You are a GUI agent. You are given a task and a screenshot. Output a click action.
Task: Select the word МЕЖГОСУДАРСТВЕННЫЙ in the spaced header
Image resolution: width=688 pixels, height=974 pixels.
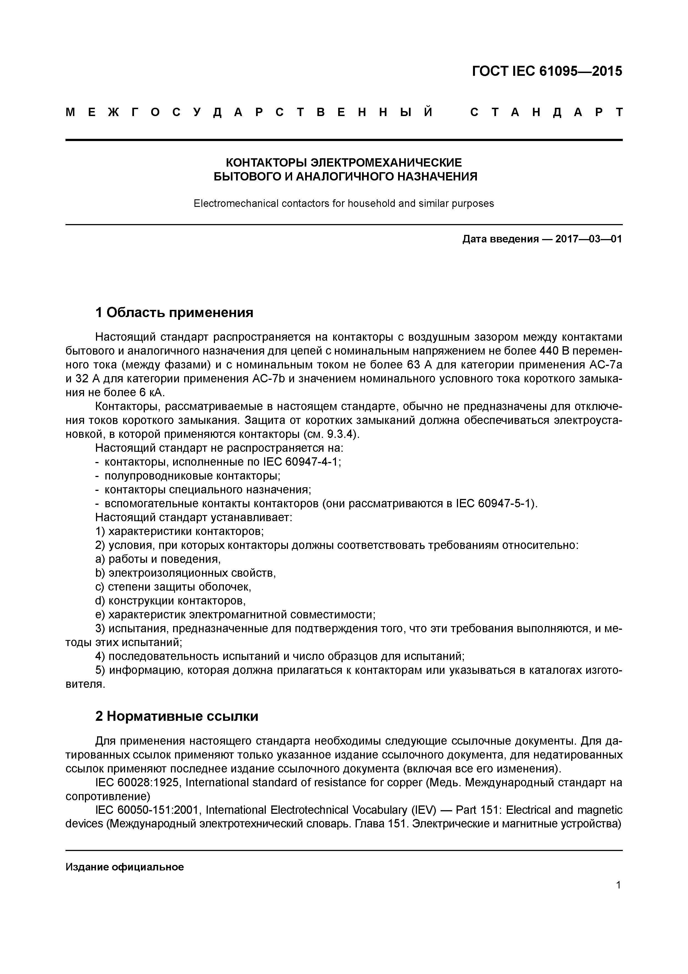(250, 112)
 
